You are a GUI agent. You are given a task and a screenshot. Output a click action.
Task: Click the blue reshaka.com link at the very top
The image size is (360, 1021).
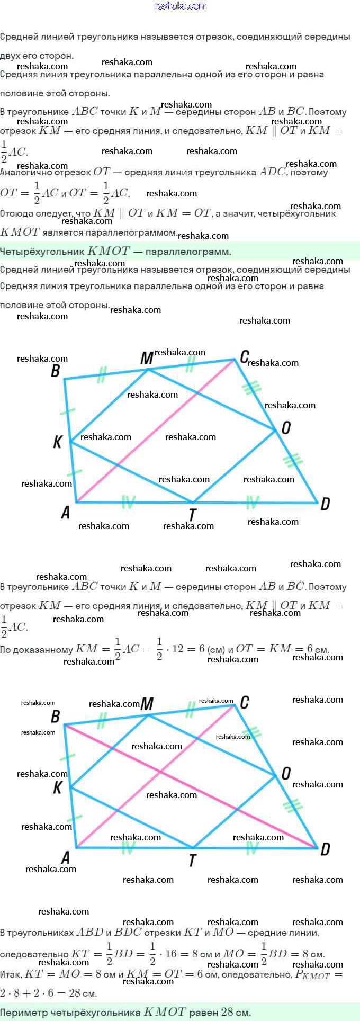[180, 6]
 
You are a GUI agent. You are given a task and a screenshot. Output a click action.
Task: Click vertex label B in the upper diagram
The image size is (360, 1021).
[56, 371]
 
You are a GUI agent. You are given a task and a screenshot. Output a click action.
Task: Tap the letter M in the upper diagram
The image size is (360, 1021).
[147, 359]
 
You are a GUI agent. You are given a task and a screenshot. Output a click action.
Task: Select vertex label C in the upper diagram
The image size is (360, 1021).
[244, 357]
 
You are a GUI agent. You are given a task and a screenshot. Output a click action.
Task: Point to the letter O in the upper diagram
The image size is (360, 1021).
[286, 427]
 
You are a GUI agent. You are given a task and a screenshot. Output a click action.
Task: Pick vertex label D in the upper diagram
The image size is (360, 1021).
[325, 504]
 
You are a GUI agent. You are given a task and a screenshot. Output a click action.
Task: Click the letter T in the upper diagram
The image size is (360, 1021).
[193, 514]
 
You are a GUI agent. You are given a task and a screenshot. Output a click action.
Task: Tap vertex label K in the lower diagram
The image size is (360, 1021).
[58, 787]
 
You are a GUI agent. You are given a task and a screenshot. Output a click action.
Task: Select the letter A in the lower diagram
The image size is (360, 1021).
[66, 857]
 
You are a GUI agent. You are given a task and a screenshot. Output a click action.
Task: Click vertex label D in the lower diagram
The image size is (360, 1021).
[325, 849]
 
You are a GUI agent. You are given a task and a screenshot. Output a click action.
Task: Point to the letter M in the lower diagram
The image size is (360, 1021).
[147, 704]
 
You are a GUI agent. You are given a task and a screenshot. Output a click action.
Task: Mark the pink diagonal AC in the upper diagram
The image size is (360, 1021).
[159, 429]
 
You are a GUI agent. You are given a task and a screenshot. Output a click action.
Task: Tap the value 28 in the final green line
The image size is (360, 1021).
[227, 1012]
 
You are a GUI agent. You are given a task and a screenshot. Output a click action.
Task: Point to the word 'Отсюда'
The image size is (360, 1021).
[15, 213]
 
